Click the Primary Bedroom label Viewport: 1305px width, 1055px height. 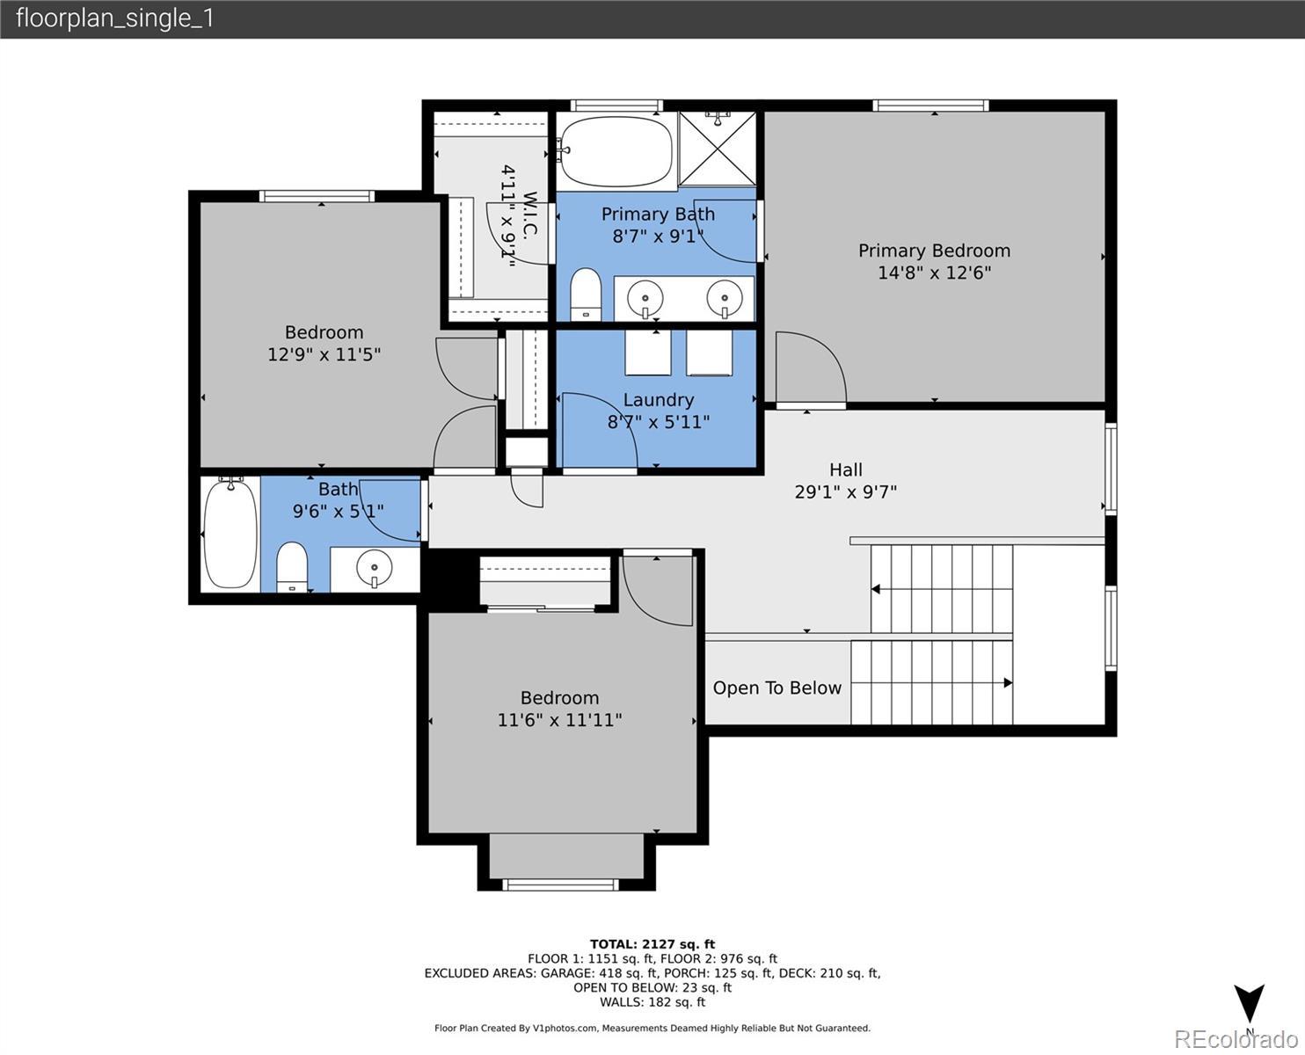point(934,251)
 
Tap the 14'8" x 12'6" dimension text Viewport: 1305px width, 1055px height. point(934,273)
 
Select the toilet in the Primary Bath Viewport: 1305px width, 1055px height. point(585,295)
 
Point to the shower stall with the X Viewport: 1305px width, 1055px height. point(718,149)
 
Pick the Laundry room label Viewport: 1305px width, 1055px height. point(659,400)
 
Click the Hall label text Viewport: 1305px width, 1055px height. point(845,469)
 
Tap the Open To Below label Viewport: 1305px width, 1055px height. point(776,688)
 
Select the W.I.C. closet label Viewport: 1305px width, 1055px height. point(530,215)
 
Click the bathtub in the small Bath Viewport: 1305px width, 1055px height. point(230,534)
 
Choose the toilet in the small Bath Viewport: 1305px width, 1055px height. point(292,567)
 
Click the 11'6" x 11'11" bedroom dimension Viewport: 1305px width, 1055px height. point(559,719)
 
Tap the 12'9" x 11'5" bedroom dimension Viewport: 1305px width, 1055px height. point(324,354)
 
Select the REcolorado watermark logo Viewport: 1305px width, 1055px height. point(1236,1039)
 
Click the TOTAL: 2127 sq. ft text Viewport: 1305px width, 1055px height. point(652,944)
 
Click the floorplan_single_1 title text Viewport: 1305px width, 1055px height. point(114,18)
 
